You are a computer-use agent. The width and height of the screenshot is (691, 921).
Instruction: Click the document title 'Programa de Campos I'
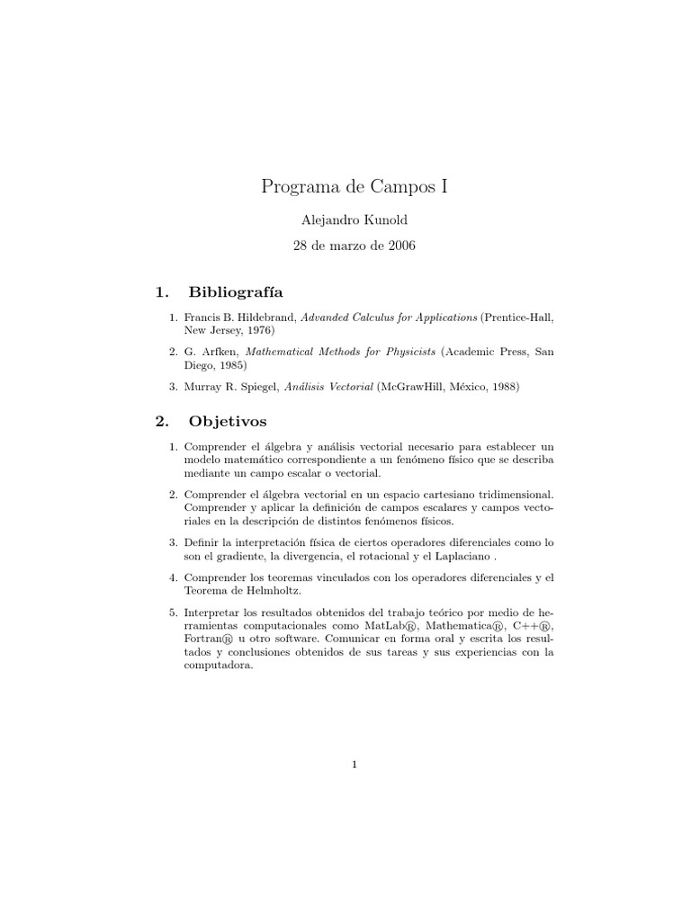pyautogui.click(x=354, y=187)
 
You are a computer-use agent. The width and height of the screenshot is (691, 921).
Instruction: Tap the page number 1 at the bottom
pyautogui.click(x=355, y=765)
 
